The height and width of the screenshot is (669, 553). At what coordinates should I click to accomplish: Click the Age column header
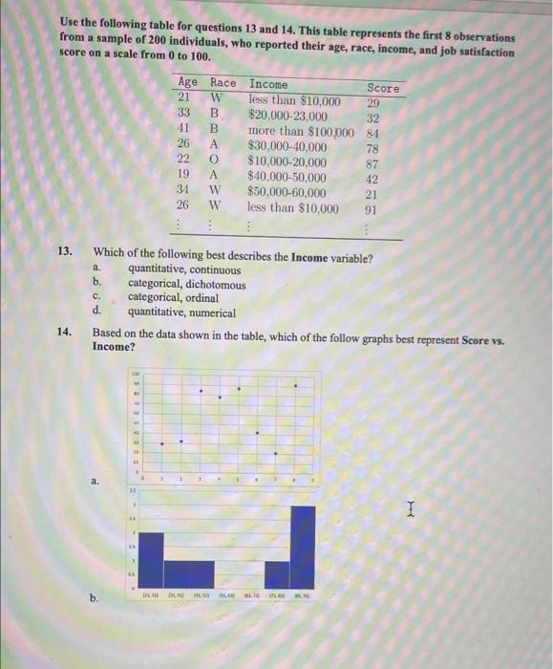[188, 83]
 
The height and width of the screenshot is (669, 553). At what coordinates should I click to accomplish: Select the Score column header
[383, 87]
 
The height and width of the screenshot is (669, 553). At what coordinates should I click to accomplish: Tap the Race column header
[223, 83]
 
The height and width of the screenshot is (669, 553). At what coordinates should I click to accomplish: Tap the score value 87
[373, 163]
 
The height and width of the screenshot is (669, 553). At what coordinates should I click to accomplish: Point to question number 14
[65, 334]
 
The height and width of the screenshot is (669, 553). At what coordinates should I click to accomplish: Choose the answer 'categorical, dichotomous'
[186, 284]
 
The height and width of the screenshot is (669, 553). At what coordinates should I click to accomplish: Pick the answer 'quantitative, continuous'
[184, 270]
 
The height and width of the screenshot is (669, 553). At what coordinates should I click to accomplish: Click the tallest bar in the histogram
[303, 546]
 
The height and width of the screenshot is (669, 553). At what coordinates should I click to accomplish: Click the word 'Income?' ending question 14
[114, 347]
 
